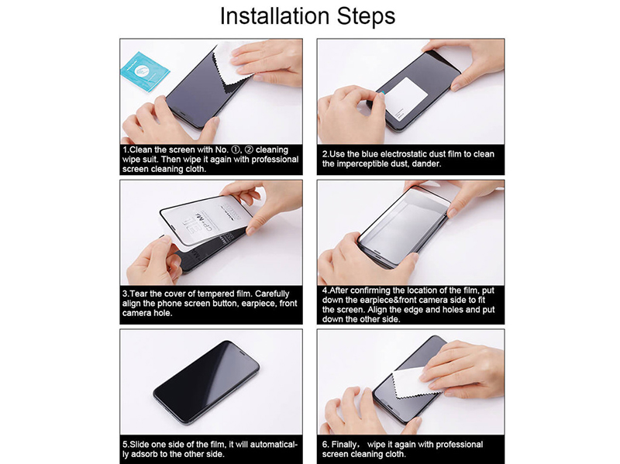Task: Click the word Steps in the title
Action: [366, 16]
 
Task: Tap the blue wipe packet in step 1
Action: [144, 72]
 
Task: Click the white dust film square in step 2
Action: [406, 98]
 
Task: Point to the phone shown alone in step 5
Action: [206, 382]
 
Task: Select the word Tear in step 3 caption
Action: [139, 294]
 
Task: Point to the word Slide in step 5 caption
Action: [139, 444]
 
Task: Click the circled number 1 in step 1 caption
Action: [236, 150]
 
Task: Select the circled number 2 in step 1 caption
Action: [249, 150]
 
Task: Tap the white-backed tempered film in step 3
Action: [206, 221]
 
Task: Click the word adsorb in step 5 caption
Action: [144, 454]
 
